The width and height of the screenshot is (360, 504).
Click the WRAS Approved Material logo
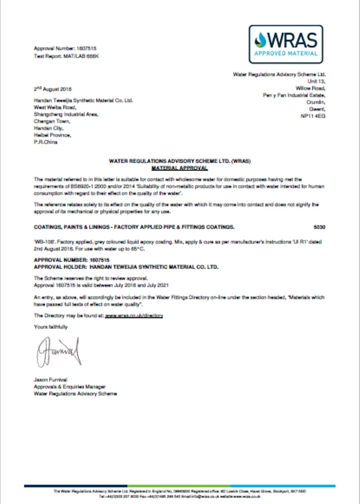[286, 44]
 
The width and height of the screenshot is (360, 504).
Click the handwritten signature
[58, 351]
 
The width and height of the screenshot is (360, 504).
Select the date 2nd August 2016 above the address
[53, 89]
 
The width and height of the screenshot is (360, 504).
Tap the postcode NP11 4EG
[313, 116]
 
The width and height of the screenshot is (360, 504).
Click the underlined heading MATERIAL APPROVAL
[180, 168]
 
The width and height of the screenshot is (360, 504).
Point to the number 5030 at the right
[320, 227]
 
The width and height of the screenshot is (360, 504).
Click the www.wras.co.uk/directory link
[134, 315]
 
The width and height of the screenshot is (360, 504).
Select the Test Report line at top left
[66, 56]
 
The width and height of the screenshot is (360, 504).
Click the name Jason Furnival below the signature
[50, 379]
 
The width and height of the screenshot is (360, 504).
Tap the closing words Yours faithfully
[51, 326]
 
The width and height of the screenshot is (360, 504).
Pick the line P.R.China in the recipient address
[45, 142]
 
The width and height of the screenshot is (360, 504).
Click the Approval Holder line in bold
[126, 267]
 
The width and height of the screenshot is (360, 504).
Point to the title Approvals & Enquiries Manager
[69, 387]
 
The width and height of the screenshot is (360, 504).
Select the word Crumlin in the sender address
[316, 102]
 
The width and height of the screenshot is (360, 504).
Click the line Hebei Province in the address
[52, 135]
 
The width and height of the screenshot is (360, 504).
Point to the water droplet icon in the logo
[260, 38]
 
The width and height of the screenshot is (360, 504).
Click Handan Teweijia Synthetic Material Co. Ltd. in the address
[84, 100]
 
